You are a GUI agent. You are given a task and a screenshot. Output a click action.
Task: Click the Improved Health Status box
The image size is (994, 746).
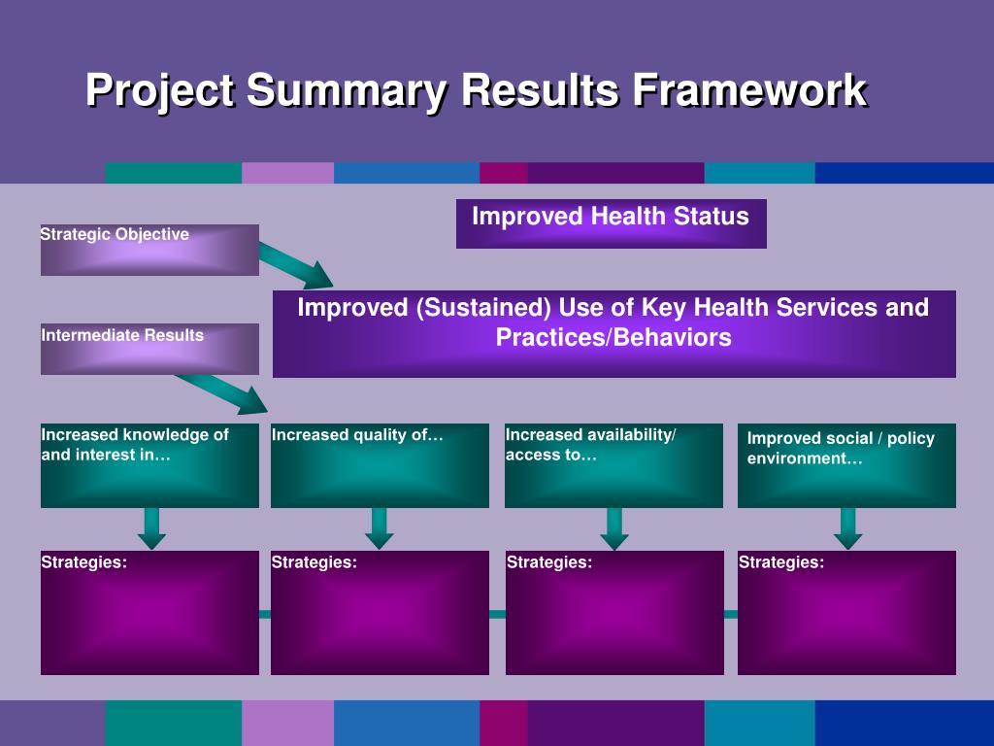pyautogui.click(x=611, y=223)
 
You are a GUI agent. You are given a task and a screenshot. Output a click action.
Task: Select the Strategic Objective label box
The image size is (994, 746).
pyautogui.click(x=149, y=250)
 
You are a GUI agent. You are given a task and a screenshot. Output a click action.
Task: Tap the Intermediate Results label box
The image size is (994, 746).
pyautogui.click(x=149, y=349)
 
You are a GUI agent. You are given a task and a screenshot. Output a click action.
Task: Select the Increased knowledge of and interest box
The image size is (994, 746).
pyautogui.click(x=149, y=465)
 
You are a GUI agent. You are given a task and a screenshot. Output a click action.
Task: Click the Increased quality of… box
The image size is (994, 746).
pyautogui.click(x=380, y=465)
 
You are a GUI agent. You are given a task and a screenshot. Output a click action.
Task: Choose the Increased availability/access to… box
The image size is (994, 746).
pyautogui.click(x=613, y=465)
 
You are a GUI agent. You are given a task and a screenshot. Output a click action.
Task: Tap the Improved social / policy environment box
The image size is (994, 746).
pyautogui.click(x=846, y=465)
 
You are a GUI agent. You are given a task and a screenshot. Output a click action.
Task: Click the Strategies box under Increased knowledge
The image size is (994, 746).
pyautogui.click(x=149, y=613)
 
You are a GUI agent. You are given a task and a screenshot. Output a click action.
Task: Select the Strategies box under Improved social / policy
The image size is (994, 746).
pyautogui.click(x=846, y=613)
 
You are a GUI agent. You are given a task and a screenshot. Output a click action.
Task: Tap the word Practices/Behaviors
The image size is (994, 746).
pyautogui.click(x=613, y=338)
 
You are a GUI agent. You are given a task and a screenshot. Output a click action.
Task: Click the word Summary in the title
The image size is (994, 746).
pyautogui.click(x=347, y=91)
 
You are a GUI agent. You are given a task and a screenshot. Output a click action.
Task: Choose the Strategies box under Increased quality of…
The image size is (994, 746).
pyautogui.click(x=380, y=613)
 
